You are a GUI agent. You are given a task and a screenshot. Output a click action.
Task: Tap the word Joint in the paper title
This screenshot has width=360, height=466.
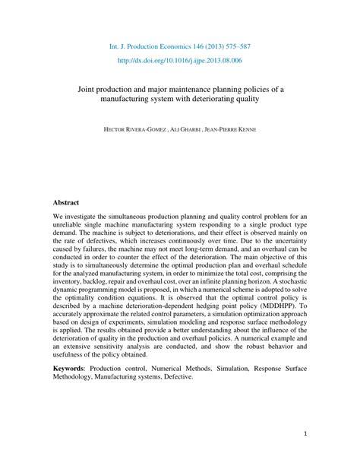(91, 88)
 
